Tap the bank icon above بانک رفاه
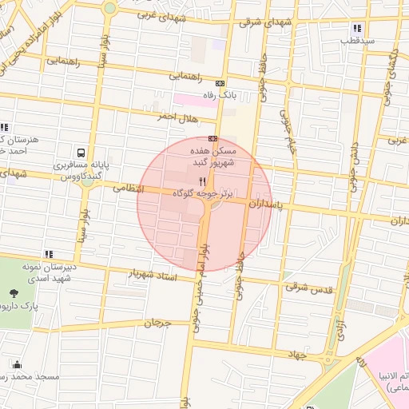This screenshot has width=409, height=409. [220, 83]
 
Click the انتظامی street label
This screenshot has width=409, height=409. [128, 189]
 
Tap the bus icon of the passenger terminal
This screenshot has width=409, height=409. [81, 153]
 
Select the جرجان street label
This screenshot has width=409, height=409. [157, 324]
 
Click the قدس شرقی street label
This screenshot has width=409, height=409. [308, 287]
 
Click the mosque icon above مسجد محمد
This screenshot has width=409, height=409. [15, 363]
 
